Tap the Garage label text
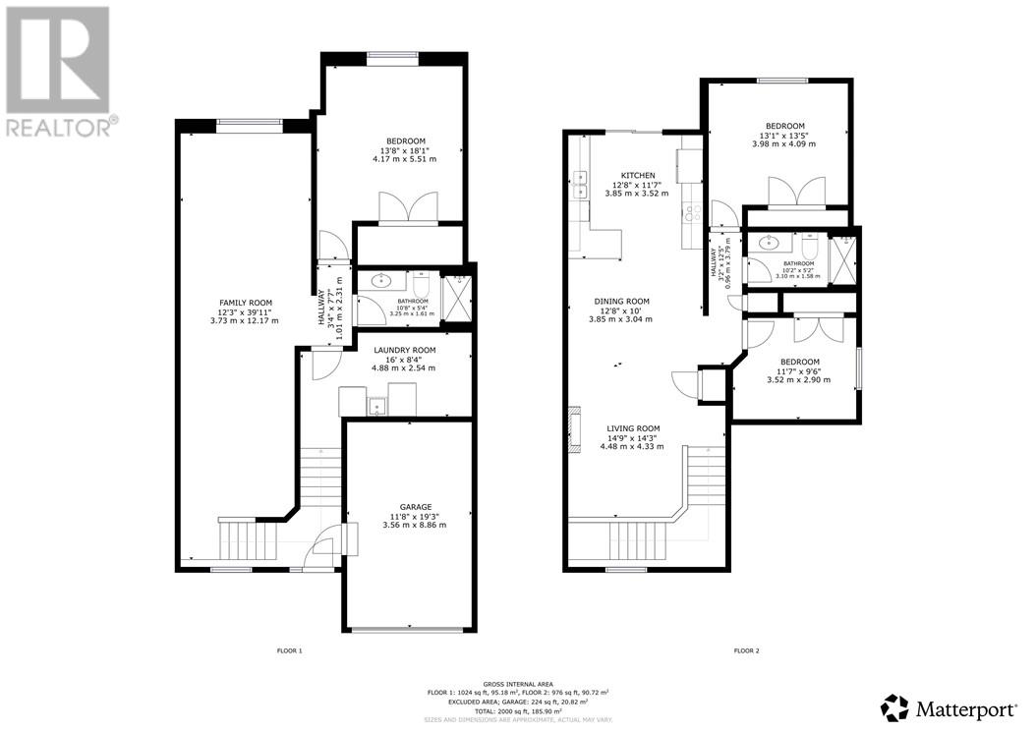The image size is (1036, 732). coord(408,507)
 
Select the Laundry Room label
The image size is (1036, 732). coord(403,350)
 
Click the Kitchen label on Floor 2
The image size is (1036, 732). coord(636,176)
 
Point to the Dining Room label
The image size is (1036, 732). coord(621,302)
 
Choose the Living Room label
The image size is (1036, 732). coord(633,428)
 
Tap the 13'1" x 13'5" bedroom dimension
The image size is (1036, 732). coord(785,136)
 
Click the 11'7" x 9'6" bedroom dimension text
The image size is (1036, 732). coord(798,370)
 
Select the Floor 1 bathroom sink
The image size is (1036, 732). coord(380,281)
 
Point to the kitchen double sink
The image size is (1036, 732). coord(579,184)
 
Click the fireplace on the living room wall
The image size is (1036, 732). coord(571,423)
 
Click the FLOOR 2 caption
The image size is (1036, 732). coord(747,650)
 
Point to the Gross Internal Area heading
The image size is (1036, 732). coord(517,683)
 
